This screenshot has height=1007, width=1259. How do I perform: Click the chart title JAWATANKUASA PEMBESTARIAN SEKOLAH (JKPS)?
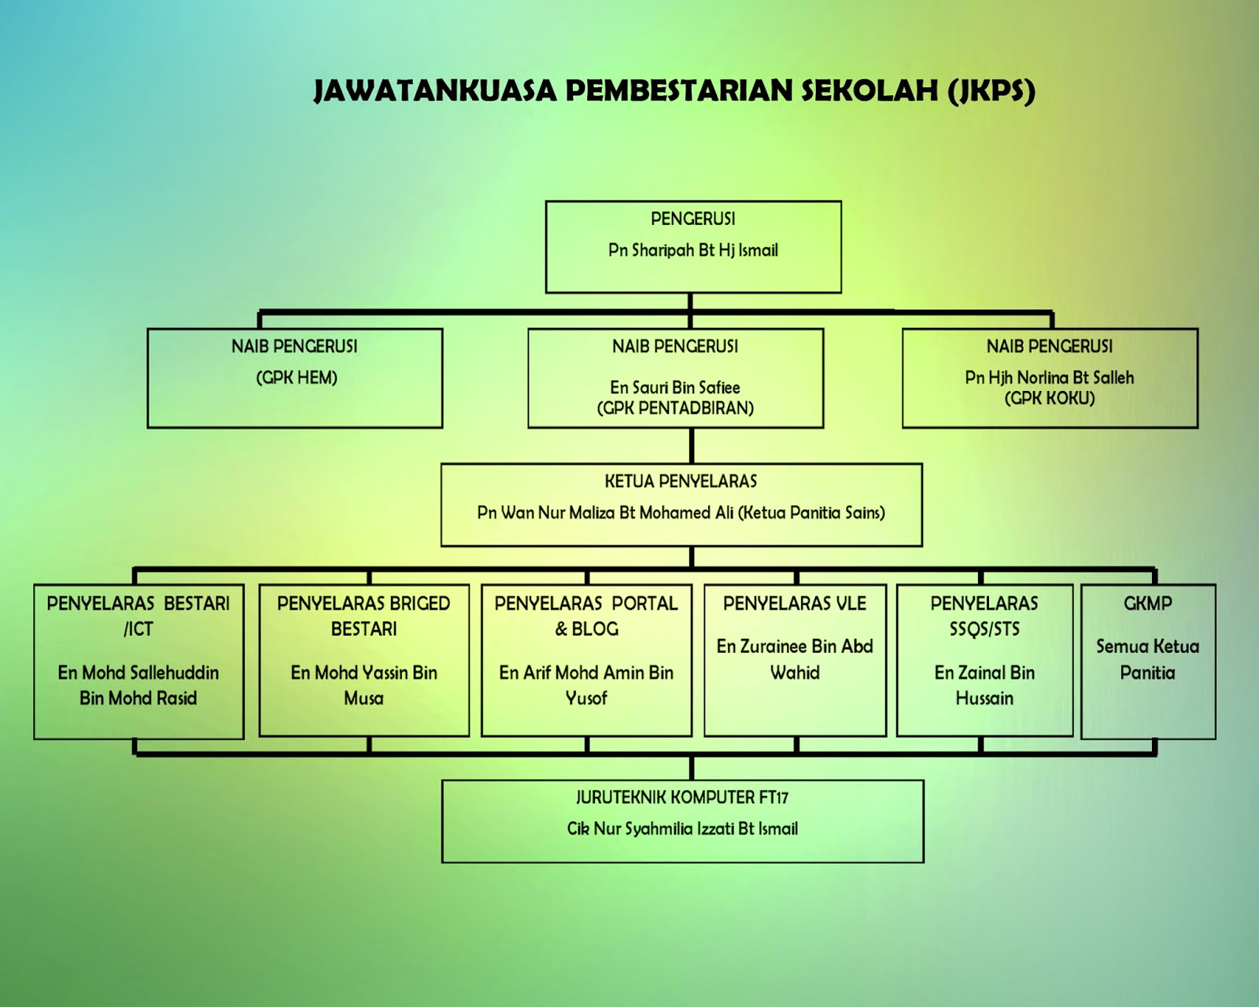click(674, 90)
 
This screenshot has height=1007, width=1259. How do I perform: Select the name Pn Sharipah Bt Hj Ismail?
click(692, 250)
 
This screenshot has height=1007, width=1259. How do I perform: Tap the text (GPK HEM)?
click(297, 378)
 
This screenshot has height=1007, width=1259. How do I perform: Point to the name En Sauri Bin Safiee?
click(675, 387)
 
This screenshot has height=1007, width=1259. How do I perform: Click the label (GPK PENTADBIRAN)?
click(675, 408)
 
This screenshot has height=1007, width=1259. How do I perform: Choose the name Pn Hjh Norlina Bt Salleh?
click(1049, 378)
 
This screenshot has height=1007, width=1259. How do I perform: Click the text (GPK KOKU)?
click(1049, 398)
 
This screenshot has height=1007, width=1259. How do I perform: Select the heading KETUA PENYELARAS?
click(681, 481)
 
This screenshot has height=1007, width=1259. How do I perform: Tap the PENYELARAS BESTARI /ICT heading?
click(138, 615)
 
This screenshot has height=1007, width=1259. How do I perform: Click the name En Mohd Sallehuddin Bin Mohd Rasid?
click(138, 684)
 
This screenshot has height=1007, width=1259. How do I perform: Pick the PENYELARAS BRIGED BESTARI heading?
click(364, 615)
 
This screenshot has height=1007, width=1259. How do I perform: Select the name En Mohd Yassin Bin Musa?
click(364, 684)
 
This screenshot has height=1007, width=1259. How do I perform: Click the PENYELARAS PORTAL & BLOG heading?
click(586, 615)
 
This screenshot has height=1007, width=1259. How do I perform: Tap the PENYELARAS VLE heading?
click(795, 603)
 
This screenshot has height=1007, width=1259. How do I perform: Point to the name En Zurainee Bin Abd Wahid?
click(795, 659)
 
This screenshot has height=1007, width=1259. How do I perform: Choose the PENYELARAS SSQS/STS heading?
click(984, 615)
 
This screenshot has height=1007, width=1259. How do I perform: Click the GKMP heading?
click(1147, 603)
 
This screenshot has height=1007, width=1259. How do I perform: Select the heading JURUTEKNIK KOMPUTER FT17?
click(681, 797)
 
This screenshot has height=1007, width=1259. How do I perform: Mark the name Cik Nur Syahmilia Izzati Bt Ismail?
click(682, 828)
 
